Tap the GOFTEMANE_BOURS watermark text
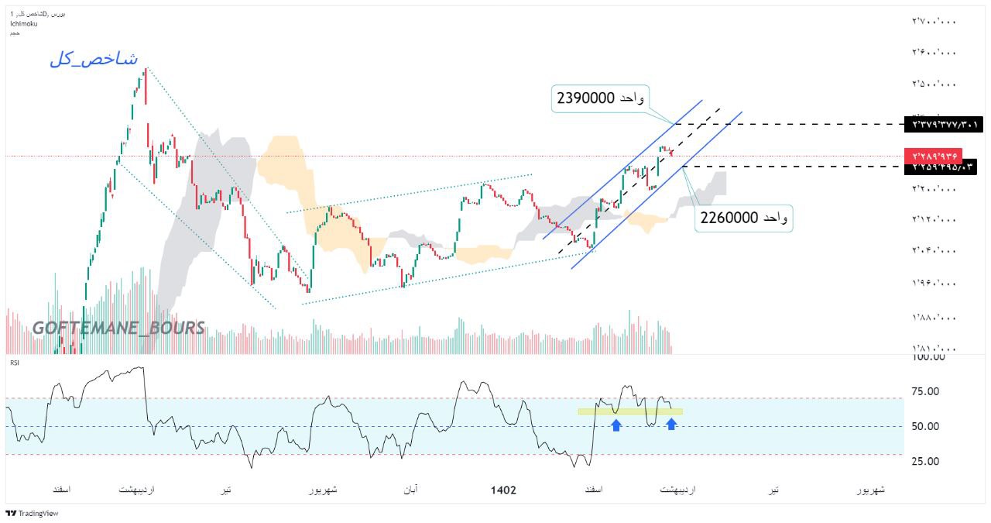point(118,328)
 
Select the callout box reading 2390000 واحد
point(600,98)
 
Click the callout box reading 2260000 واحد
point(744,218)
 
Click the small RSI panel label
point(14,362)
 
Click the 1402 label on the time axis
point(503,490)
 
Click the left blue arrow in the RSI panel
point(616,425)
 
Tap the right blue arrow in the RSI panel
point(671,424)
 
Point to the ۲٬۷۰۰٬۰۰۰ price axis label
point(934,22)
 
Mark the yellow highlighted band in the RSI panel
point(630,411)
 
